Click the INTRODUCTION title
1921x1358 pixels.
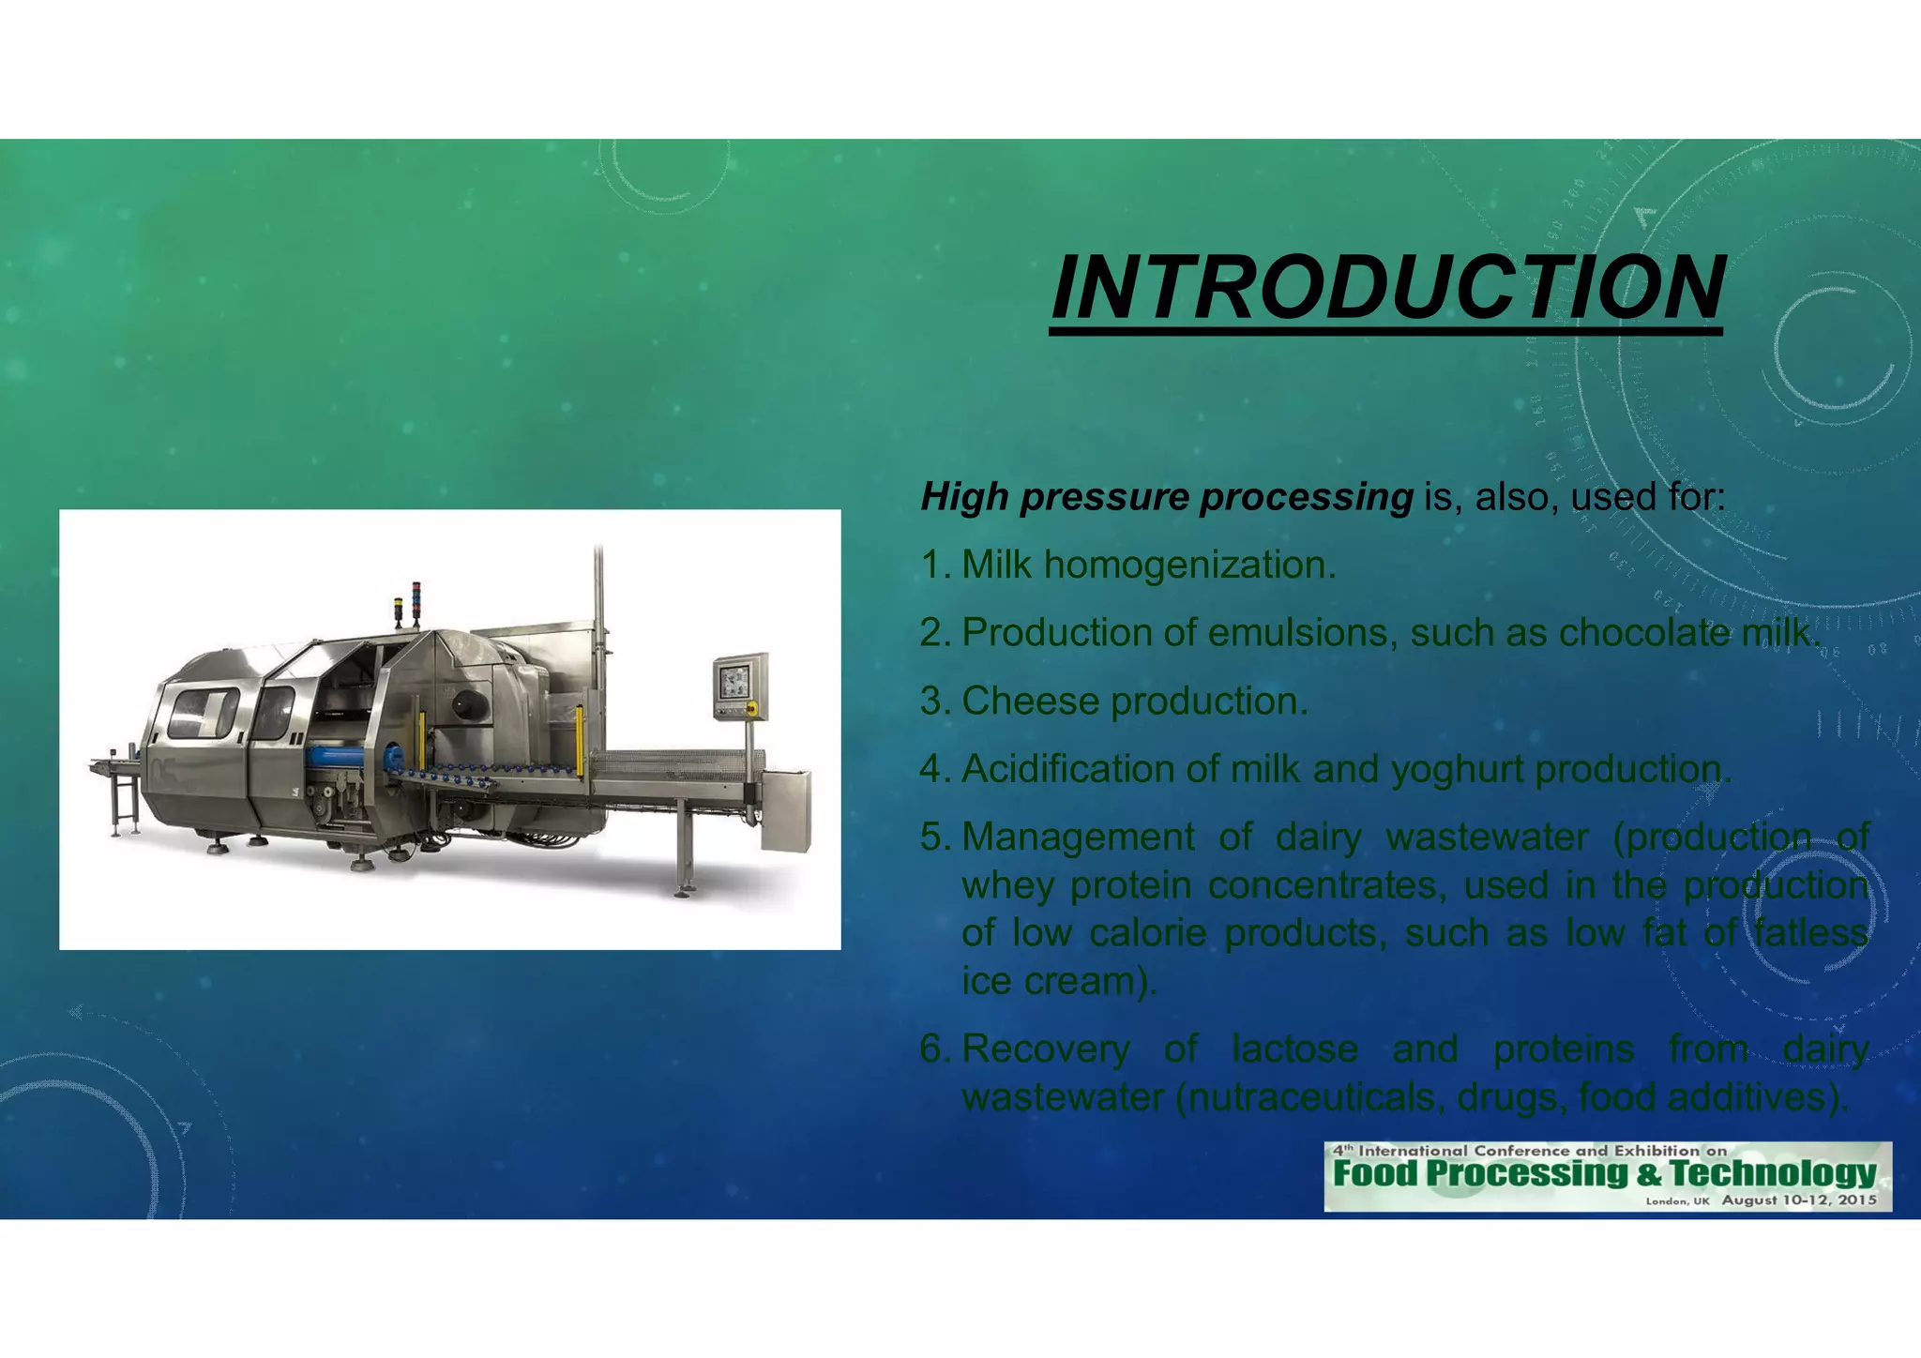tap(1386, 287)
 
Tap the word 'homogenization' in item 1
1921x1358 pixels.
tap(1188, 566)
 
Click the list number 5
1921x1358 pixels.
tap(934, 837)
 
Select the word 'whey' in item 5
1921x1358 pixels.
tap(1009, 885)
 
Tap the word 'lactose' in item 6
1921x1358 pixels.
tap(1294, 1049)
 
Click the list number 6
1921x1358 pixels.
tap(934, 1049)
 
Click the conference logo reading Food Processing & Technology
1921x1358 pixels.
tap(1606, 1175)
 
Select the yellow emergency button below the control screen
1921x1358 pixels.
tap(750, 707)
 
